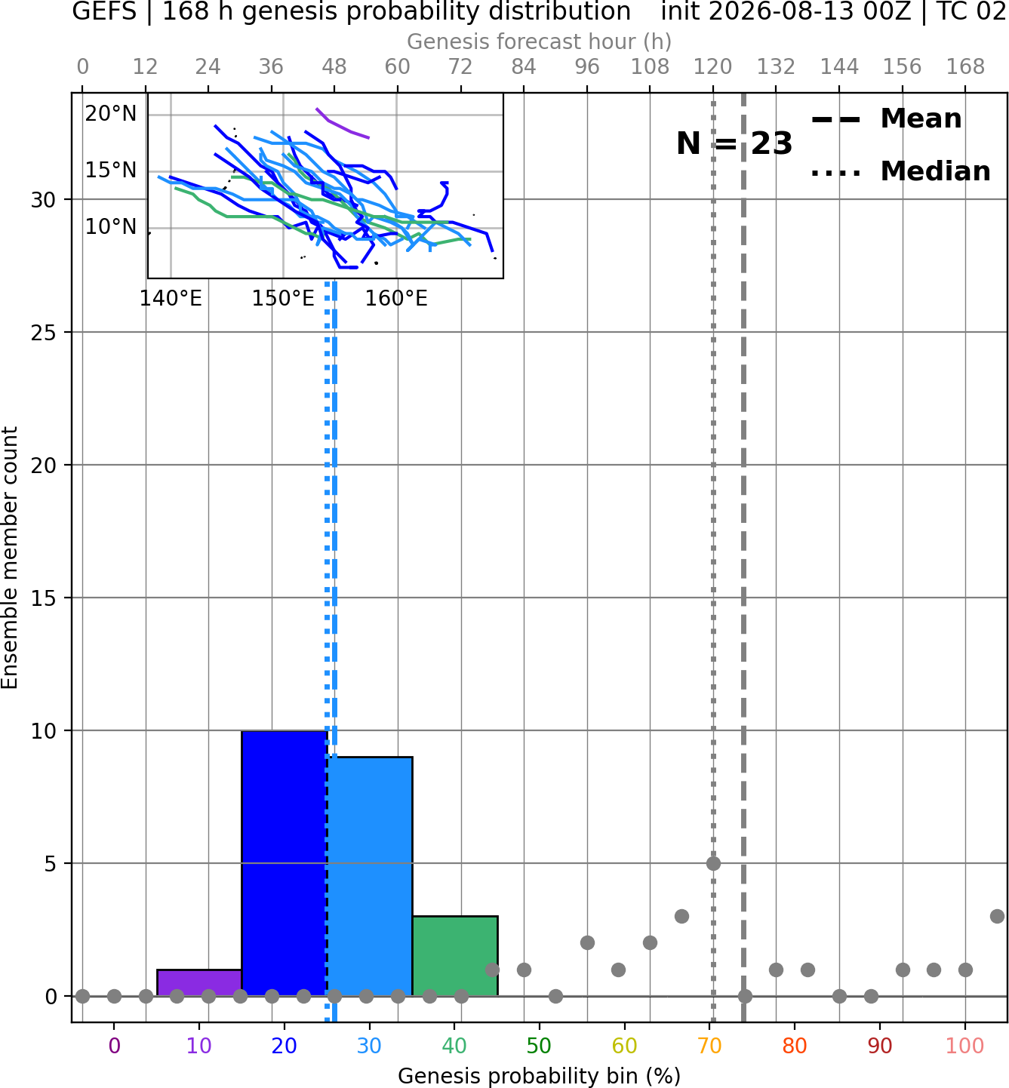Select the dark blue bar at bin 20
point(285,863)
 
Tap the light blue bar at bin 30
point(370,876)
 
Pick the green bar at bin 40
point(455,956)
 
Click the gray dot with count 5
point(713,863)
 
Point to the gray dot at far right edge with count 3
point(997,916)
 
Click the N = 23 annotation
point(734,143)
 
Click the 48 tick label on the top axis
point(334,67)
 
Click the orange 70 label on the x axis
point(709,1047)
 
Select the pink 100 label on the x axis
point(965,1047)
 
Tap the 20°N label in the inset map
point(111,114)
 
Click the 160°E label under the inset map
point(396,299)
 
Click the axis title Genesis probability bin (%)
point(540,1076)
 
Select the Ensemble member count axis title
point(10,558)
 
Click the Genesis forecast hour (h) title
point(540,41)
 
